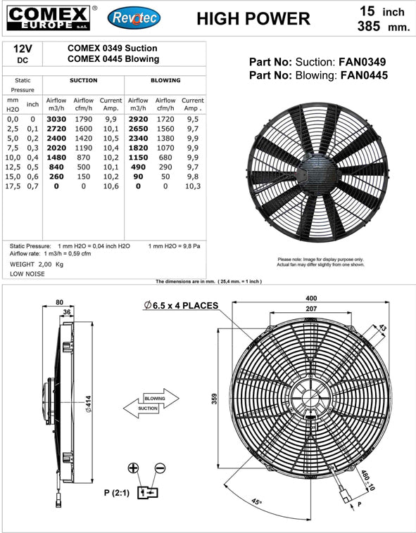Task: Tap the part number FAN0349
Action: [361, 61]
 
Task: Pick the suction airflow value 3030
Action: [56, 120]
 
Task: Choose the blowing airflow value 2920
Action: [138, 120]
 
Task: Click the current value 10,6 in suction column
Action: [111, 186]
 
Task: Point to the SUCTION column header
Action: [83, 81]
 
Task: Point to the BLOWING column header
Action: [165, 81]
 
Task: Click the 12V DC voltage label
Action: [22, 54]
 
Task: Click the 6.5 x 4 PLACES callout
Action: [180, 306]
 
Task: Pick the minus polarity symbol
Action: [160, 468]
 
